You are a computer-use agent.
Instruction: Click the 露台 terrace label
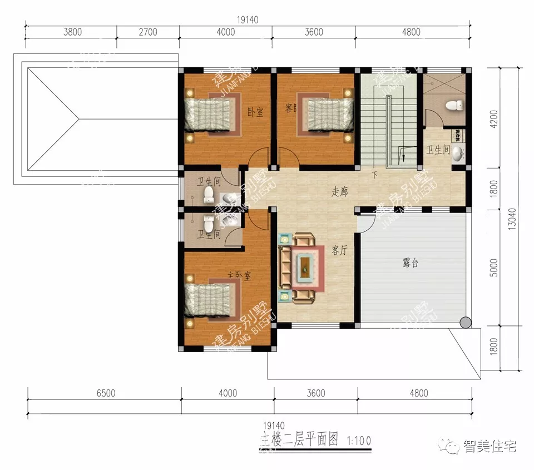[x=411, y=264]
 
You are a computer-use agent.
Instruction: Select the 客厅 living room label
[x=339, y=251]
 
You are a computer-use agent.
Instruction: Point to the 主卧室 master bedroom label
[x=239, y=275]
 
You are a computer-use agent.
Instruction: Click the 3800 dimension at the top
[x=72, y=32]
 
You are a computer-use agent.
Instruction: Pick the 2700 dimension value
[x=147, y=32]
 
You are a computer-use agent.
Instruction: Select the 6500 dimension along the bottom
[x=106, y=393]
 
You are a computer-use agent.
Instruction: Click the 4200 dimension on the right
[x=494, y=118]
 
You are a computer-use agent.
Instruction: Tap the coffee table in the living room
[x=305, y=266]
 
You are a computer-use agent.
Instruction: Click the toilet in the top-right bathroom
[x=456, y=105]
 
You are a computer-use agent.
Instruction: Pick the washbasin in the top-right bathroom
[x=458, y=154]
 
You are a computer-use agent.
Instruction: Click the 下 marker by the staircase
[x=374, y=176]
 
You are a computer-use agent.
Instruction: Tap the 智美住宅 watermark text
[x=489, y=446]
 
